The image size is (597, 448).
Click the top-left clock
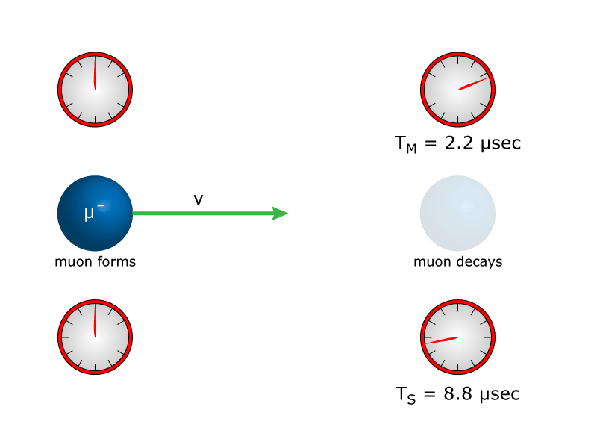click(95, 90)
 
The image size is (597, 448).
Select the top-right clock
click(457, 90)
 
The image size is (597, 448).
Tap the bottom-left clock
click(95, 337)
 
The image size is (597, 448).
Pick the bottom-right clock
click(457, 337)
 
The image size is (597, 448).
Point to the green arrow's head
click(281, 214)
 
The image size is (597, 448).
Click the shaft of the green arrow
click(201, 214)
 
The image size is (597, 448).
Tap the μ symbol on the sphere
click(90, 214)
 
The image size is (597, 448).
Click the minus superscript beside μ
click(100, 205)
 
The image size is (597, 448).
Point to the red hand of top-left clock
click(95, 73)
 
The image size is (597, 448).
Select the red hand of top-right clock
click(472, 83)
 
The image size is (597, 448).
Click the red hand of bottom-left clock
click(95, 321)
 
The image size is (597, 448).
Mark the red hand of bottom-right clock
click(442, 340)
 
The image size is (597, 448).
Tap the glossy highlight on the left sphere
click(105, 205)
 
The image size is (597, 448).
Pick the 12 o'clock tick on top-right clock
click(457, 59)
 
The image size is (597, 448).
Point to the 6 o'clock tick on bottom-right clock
click(457, 367)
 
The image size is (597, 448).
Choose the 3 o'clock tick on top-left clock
click(125, 90)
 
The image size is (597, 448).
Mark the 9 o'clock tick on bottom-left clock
click(64, 337)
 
